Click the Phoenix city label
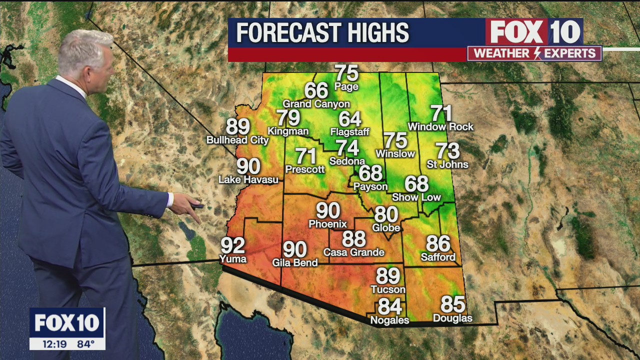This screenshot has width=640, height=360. click(x=327, y=224)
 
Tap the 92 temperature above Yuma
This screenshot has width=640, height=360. click(x=233, y=245)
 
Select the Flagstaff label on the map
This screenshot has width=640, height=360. click(x=349, y=132)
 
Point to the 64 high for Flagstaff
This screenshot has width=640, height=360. click(x=349, y=119)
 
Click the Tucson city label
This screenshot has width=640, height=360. click(x=388, y=289)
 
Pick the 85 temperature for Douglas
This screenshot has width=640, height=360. click(x=452, y=304)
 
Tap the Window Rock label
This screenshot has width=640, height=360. click(x=440, y=127)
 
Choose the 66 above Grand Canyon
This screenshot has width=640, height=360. click(x=316, y=90)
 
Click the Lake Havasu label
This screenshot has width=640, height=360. click(x=248, y=179)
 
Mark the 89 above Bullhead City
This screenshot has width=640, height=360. click(x=238, y=126)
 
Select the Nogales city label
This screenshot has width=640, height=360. click(x=389, y=320)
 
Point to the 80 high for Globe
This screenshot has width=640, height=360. click(x=386, y=214)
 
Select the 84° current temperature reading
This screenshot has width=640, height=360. click(x=85, y=344)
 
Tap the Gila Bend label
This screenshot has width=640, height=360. click(x=294, y=262)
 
